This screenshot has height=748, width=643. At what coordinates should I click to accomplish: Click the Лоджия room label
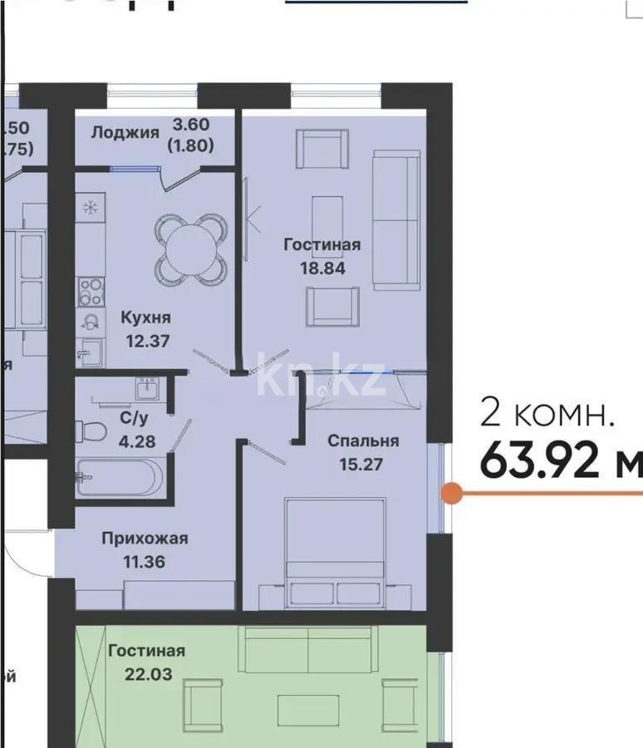pos(125,132)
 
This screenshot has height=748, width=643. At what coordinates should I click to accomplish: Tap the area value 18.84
pos(321,268)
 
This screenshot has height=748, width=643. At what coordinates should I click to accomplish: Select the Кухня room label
pos(145,317)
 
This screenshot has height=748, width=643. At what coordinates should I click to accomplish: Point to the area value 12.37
pos(145,340)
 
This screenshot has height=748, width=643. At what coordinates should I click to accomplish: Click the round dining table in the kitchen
pos(190,248)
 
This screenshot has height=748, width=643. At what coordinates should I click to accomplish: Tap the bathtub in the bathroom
pos(120,478)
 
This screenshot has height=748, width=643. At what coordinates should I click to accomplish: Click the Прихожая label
pos(145,539)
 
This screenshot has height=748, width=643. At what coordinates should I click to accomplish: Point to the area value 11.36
pos(145,561)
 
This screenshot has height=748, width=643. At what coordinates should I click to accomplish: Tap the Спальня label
pos(363,441)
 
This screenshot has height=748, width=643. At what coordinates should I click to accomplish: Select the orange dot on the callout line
pos(451,495)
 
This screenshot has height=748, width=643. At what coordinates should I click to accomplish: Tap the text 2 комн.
pos(548,412)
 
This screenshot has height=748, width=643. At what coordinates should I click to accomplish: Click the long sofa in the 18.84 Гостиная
pos(396,220)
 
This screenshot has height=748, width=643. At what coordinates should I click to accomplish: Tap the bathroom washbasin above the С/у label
pos(148,388)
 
